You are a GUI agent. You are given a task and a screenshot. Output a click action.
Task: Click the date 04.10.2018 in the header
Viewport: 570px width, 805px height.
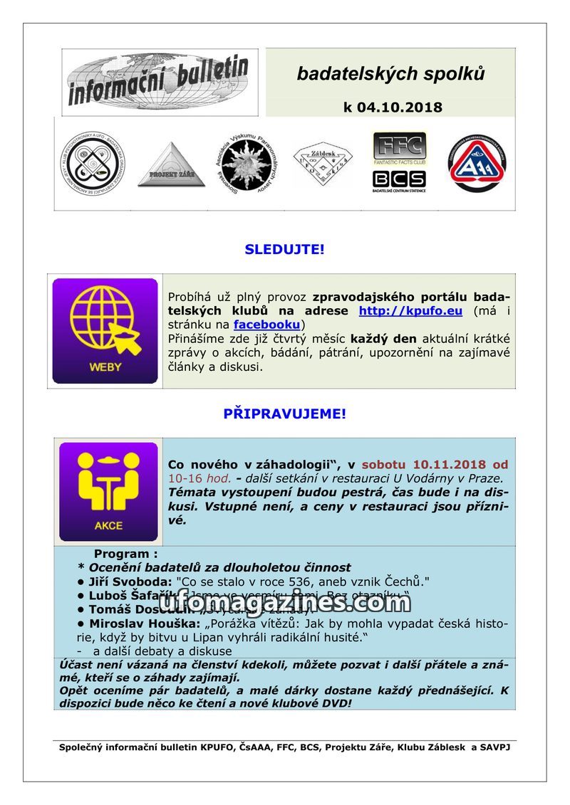tap(401, 107)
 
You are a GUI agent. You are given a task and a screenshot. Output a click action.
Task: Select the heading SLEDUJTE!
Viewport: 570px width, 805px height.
tap(284, 249)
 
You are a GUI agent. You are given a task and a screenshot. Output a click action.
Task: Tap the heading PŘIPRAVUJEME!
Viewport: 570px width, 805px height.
tap(284, 414)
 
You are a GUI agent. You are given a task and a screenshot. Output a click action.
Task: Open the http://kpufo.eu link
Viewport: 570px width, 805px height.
tap(410, 311)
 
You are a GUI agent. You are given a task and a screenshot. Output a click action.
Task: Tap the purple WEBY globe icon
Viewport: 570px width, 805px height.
tap(105, 331)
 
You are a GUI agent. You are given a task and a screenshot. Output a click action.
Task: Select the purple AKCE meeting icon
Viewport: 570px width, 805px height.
tap(108, 492)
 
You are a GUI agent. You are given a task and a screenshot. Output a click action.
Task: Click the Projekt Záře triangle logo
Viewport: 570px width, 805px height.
tap(171, 166)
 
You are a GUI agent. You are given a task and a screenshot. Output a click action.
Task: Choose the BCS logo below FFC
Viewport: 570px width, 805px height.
tap(400, 180)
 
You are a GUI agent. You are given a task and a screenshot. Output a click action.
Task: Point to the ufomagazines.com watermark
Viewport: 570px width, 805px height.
tap(284, 603)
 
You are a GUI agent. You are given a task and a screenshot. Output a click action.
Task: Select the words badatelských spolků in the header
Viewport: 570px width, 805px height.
tap(390, 73)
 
